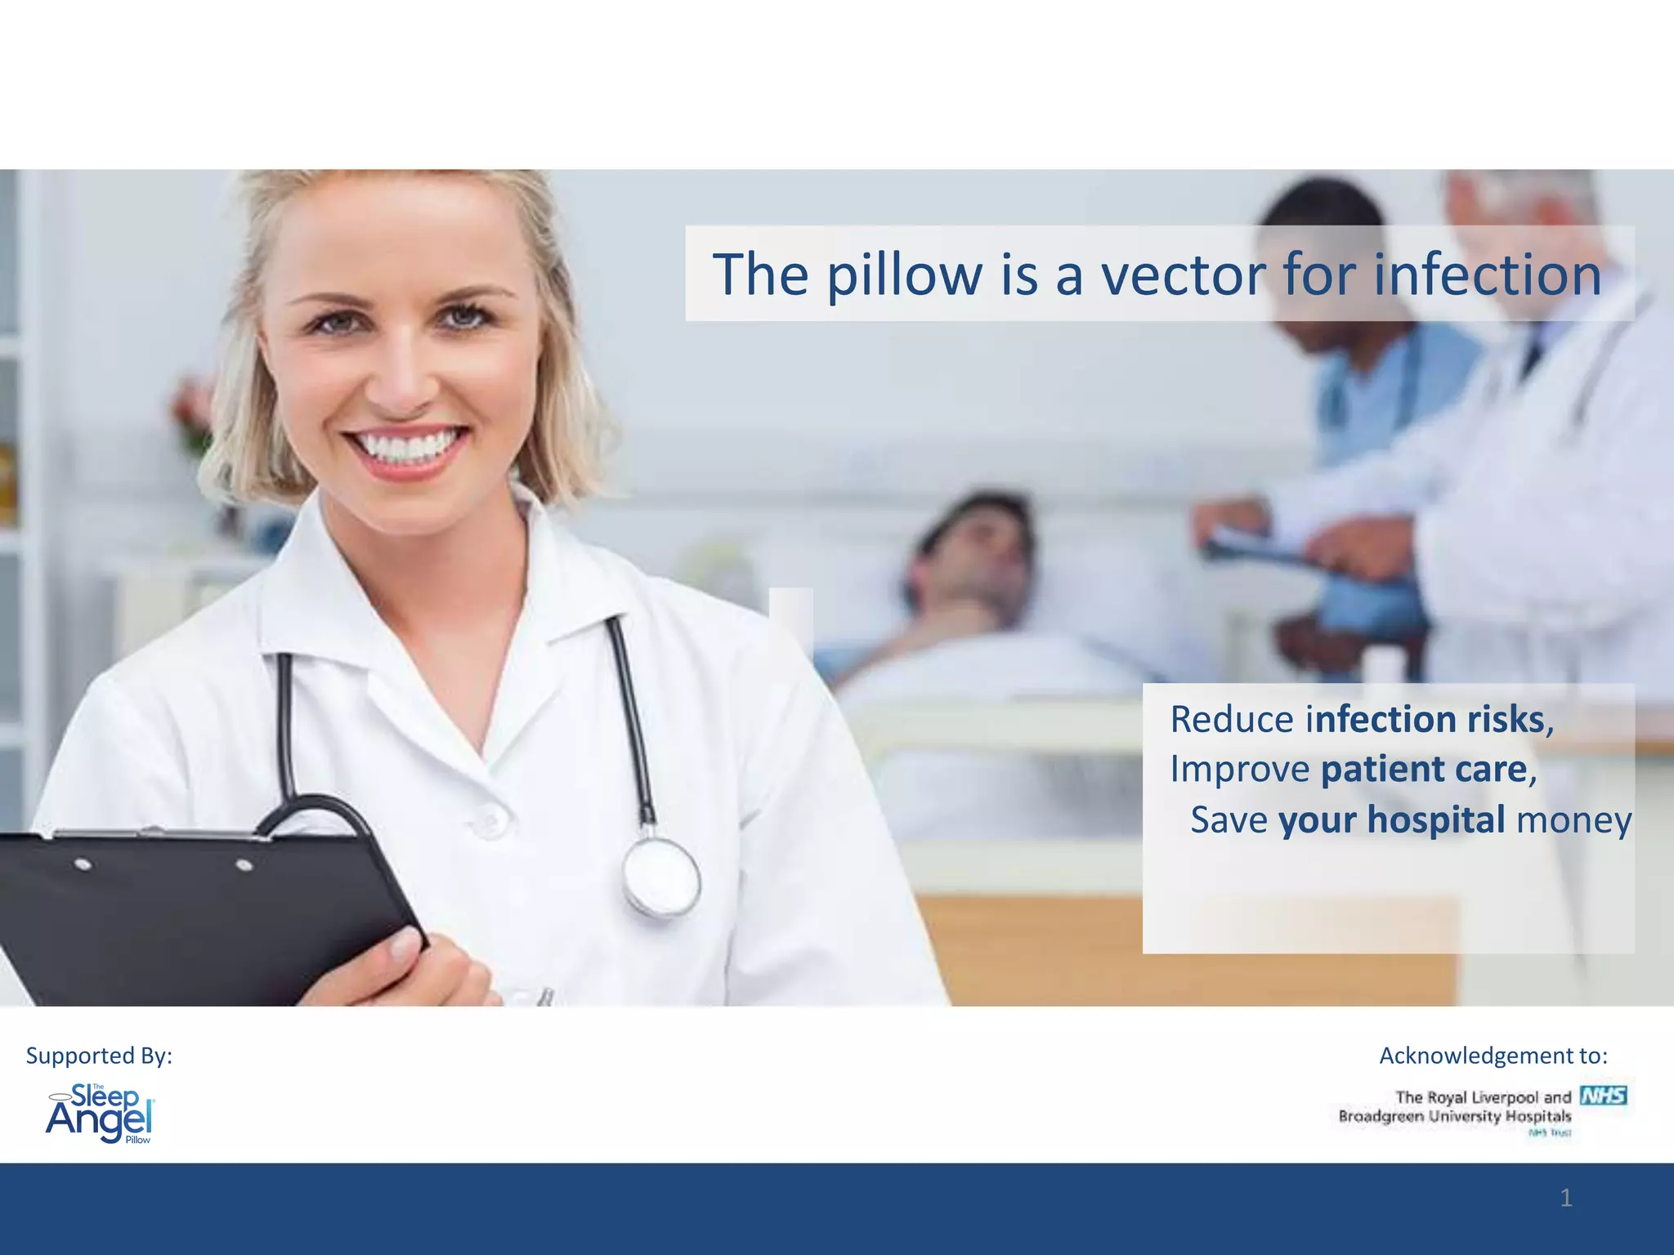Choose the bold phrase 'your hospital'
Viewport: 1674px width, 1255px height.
pos(1391,820)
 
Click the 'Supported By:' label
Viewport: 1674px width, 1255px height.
pos(99,1056)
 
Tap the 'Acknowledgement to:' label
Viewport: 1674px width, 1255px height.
pos(1493,1056)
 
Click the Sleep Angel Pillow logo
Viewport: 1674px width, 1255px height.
pos(100,1114)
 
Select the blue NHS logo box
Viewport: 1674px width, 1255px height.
pos(1603,1096)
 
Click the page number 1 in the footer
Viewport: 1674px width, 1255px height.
pos(1565,1199)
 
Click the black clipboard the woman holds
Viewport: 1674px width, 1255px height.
pos(188,915)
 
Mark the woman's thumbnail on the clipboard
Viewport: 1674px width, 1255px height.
pos(405,949)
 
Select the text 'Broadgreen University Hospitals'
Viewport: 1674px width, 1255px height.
pos(1454,1116)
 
